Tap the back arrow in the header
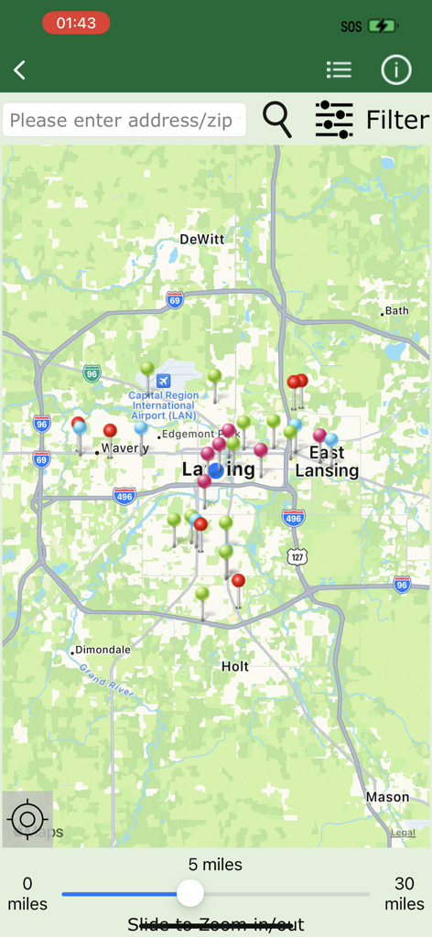[x=20, y=70]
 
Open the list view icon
[x=339, y=70]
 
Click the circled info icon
[x=396, y=70]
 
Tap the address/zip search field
[x=124, y=120]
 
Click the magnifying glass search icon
[x=276, y=119]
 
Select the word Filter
[x=397, y=120]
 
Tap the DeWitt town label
[x=201, y=239]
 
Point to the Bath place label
[x=396, y=311]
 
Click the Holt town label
[x=235, y=666]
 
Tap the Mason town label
[x=387, y=797]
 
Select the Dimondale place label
[x=103, y=650]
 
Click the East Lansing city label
[x=327, y=462]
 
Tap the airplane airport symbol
[x=164, y=380]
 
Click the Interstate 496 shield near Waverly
[x=125, y=496]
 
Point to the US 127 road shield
[x=297, y=556]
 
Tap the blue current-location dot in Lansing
[x=216, y=470]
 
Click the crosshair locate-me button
[x=27, y=817]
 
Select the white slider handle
[x=190, y=893]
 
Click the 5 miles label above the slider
[x=216, y=865]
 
